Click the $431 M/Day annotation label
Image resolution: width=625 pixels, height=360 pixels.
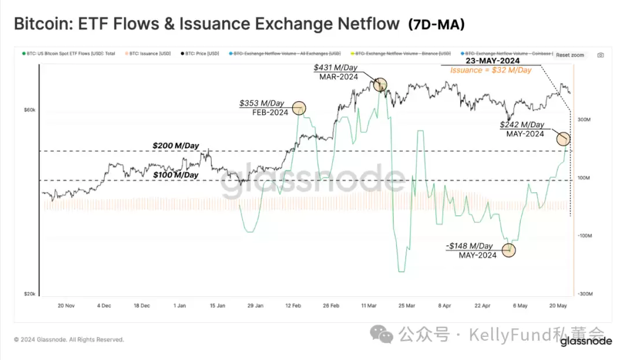[x=334, y=68]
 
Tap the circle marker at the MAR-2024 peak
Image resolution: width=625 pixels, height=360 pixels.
[x=380, y=85]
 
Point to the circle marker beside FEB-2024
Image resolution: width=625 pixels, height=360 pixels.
[x=299, y=108]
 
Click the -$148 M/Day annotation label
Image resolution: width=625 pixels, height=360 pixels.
[x=470, y=246]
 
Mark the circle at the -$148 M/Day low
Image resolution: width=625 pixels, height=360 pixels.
[x=509, y=250]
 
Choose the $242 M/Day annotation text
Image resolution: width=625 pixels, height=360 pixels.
[x=521, y=124]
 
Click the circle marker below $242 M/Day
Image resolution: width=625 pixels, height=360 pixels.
[x=563, y=139]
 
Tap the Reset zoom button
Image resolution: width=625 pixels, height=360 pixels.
[x=570, y=55]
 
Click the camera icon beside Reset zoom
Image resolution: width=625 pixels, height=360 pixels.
[x=601, y=55]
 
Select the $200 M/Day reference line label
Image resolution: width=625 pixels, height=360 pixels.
[x=175, y=146]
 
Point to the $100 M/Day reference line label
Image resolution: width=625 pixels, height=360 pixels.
[x=175, y=175]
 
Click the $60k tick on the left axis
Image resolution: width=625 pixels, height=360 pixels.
[x=30, y=110]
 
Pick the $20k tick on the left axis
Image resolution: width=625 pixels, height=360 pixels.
[x=30, y=294]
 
